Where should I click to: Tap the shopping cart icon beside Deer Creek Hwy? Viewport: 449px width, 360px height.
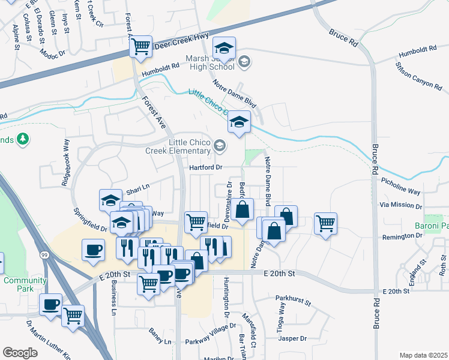(140, 46)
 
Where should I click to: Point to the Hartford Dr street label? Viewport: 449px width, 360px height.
(206, 167)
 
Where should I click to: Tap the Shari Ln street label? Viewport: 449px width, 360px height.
(137, 191)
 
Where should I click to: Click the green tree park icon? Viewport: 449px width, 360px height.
(23, 139)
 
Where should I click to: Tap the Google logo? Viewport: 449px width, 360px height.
(20, 353)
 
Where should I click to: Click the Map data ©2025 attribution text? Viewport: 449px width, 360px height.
(423, 355)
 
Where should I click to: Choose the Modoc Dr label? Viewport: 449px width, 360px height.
(53, 54)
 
